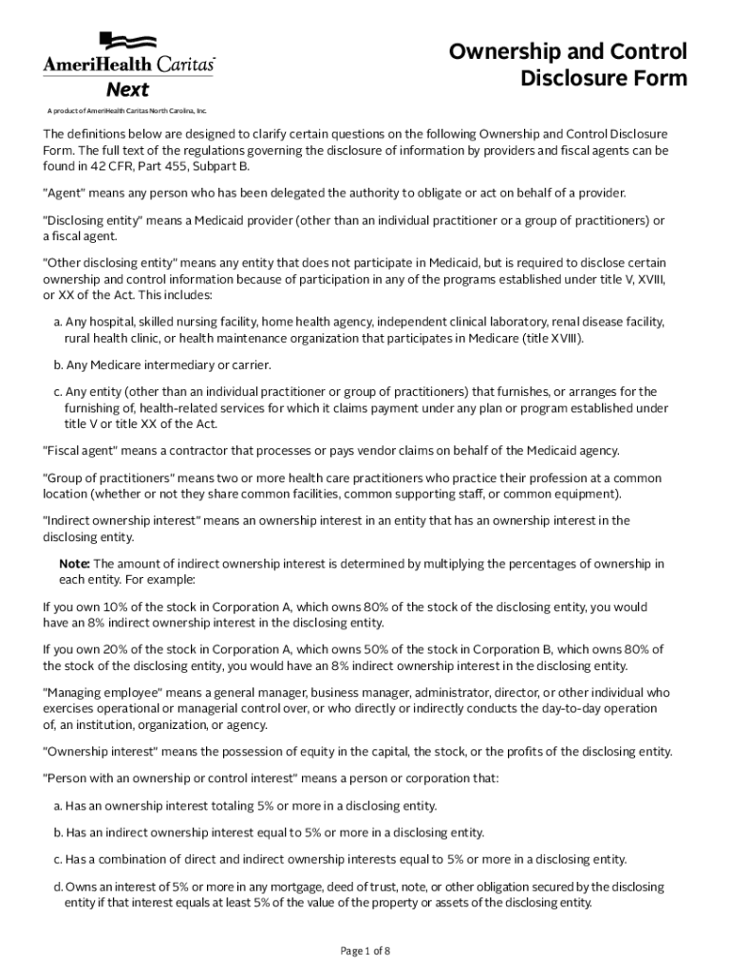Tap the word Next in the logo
(x=127, y=90)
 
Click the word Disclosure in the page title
(x=575, y=79)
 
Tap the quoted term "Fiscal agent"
(x=85, y=450)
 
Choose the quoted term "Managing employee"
(x=107, y=693)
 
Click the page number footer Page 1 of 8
(x=365, y=950)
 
